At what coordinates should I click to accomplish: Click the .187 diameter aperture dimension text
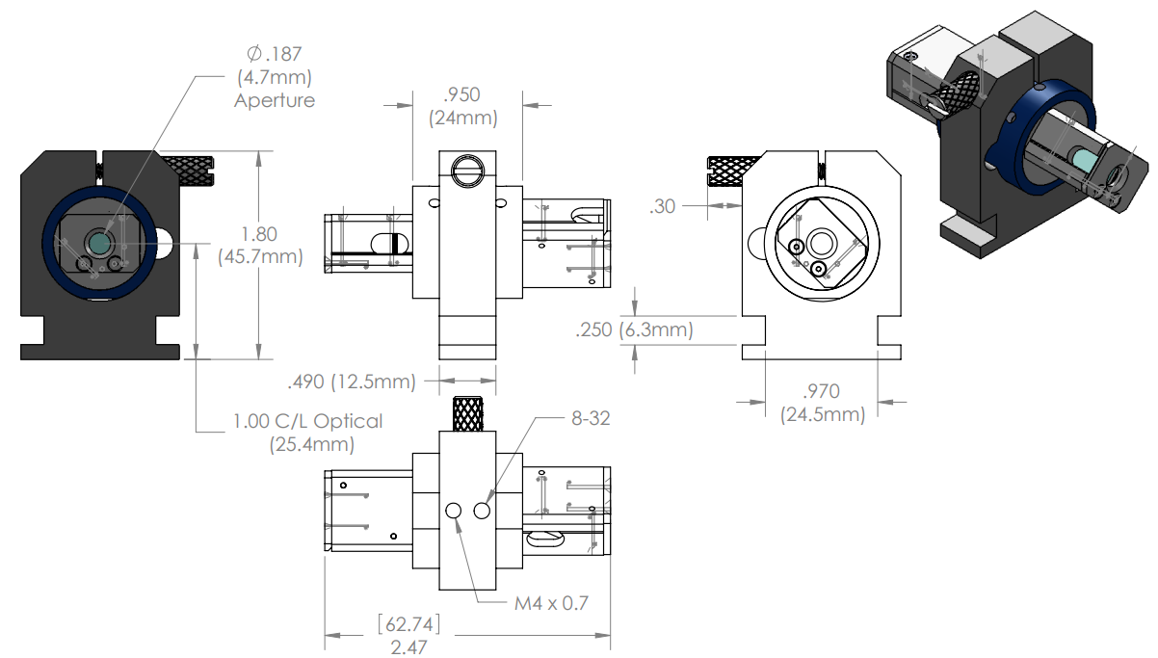click(274, 54)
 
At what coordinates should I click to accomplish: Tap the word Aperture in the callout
click(275, 100)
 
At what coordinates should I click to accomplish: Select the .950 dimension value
click(461, 94)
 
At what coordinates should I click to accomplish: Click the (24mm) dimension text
click(462, 118)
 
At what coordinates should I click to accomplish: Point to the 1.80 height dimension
click(259, 234)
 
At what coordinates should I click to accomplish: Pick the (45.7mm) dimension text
click(260, 257)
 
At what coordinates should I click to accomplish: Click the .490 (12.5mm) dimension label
click(352, 382)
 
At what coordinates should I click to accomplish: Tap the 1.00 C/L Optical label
click(307, 421)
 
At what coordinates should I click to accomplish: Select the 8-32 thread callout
click(591, 418)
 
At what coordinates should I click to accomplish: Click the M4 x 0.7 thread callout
click(551, 603)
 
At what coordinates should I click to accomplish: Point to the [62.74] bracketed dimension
click(408, 624)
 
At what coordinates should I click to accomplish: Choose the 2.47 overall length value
click(408, 647)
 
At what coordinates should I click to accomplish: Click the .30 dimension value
click(662, 207)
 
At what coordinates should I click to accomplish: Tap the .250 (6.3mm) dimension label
click(634, 329)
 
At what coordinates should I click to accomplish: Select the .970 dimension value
click(821, 391)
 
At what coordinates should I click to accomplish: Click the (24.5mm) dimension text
click(823, 414)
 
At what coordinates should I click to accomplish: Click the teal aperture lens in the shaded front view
click(99, 243)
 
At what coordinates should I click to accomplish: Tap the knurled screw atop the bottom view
click(468, 414)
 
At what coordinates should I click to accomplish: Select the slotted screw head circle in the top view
click(467, 171)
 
